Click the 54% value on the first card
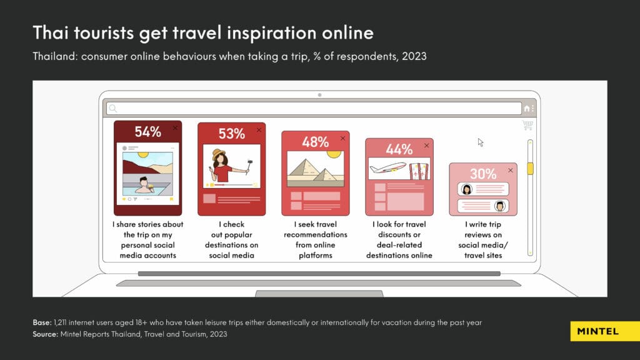[x=147, y=132]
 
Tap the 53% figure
[x=231, y=134]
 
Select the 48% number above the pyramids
[x=315, y=142]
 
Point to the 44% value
[x=399, y=149]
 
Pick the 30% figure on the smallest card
[x=483, y=174]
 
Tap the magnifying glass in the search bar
[x=113, y=108]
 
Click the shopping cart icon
[x=527, y=125]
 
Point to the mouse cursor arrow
[x=481, y=142]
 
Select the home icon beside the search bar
[x=527, y=108]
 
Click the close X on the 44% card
[x=426, y=145]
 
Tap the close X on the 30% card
[x=510, y=170]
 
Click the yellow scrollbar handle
[x=530, y=169]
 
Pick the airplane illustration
[x=388, y=167]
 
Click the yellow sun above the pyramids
[x=334, y=154]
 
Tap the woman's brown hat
[x=219, y=154]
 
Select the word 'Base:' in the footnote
[x=42, y=322]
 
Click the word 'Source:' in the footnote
[x=45, y=334]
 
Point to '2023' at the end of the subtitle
[x=414, y=56]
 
